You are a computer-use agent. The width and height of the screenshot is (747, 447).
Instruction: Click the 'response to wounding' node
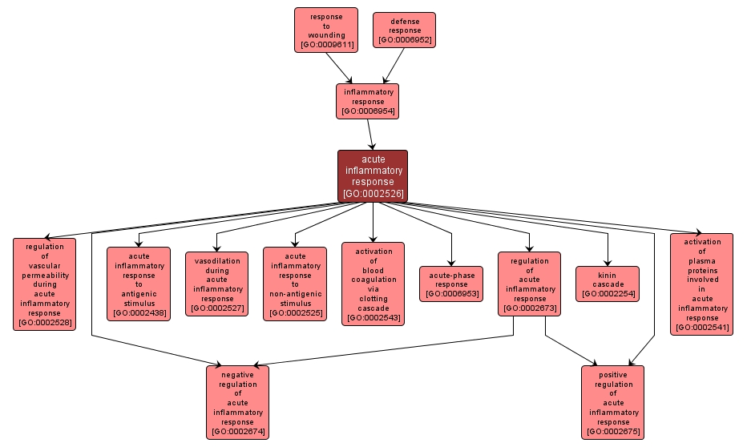tap(325, 30)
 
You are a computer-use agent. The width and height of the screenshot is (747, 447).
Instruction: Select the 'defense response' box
tap(405, 30)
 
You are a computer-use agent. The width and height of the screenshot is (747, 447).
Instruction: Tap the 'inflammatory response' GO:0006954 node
tap(368, 101)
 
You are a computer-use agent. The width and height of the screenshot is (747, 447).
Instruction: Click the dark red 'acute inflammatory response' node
tap(373, 176)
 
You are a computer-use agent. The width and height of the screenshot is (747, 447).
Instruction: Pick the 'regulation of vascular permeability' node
tap(45, 284)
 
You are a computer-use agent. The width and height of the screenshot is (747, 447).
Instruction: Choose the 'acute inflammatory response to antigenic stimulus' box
tap(139, 284)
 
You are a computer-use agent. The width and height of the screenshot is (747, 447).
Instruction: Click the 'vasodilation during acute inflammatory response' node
tap(216, 284)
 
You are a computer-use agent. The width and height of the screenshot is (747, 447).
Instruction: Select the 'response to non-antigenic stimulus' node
tap(295, 284)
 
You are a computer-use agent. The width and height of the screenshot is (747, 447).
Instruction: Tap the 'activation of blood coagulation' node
tap(373, 284)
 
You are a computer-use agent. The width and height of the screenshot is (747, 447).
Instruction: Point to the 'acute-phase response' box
tap(451, 284)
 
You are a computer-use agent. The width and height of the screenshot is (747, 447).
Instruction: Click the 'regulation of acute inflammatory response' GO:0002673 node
tap(529, 284)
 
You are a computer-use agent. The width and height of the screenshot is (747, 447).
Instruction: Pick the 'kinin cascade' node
tap(608, 284)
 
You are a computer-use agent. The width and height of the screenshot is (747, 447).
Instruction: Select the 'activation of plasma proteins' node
tap(701, 284)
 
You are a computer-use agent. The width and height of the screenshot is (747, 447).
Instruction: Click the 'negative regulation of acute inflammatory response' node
tap(237, 402)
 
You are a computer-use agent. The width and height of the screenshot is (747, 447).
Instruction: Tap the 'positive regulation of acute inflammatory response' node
tap(613, 402)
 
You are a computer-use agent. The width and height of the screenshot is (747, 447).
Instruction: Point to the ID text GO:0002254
tap(608, 294)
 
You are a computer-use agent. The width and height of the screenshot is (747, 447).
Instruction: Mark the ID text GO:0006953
tap(451, 294)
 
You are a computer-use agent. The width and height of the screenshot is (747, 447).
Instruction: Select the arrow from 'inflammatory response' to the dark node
tap(371, 135)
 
